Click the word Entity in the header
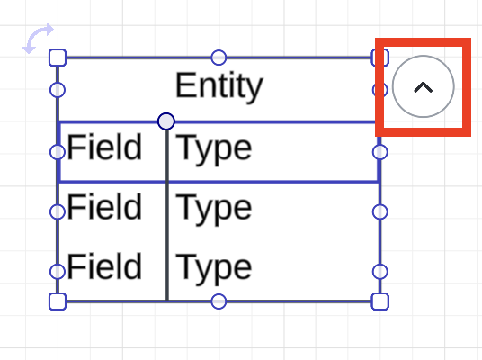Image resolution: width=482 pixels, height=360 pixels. point(219,86)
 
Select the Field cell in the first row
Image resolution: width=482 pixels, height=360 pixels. point(104,148)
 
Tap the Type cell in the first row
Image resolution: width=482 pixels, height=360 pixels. point(213,148)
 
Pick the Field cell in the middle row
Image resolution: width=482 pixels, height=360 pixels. point(104,208)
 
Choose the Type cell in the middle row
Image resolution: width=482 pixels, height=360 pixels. point(213,209)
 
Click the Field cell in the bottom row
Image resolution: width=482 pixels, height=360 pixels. point(104,267)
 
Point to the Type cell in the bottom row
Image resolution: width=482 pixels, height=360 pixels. point(213,268)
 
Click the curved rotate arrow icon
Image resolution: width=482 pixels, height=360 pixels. point(38,38)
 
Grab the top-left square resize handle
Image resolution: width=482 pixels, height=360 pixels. point(58,58)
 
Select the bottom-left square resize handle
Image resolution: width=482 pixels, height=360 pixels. point(58,301)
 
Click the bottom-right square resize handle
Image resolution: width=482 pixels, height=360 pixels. point(379,301)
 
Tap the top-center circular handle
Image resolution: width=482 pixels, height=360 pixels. point(219,58)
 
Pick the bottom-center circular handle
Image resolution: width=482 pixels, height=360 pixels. point(219,301)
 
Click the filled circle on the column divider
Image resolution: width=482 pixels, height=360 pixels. point(166,121)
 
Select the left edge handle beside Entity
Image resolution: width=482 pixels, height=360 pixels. point(58,90)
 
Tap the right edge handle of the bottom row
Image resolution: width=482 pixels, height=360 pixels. point(379,271)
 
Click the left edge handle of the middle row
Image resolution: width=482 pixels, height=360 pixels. point(58,211)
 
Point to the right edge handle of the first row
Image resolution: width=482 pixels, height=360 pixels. point(379,151)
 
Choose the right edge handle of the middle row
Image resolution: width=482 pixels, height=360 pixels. point(379,211)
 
